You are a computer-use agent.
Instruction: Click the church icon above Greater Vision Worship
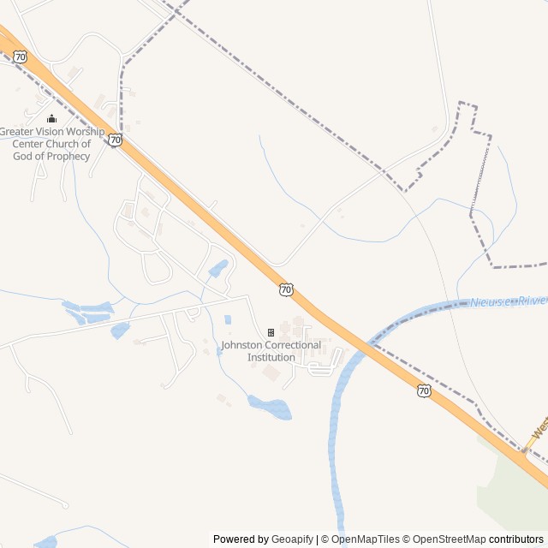coord(51,119)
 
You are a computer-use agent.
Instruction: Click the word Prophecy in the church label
coord(68,156)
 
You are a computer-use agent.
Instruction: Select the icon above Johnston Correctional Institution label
coord(271,332)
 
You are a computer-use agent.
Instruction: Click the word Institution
coord(271,357)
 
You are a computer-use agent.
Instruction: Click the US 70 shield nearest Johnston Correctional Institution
coord(286,290)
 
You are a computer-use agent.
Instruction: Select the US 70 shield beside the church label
coord(116,139)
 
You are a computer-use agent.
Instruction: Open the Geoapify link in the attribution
coord(292,539)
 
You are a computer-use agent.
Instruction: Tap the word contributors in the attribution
coord(516,539)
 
